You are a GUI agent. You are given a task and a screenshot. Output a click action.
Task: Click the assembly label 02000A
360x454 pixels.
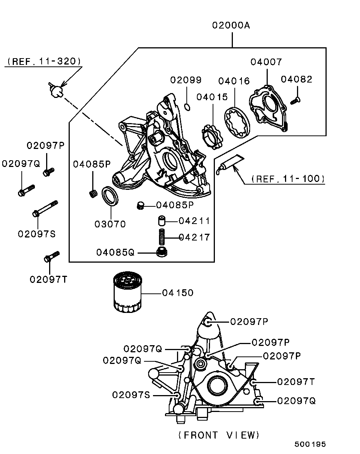pos(231,26)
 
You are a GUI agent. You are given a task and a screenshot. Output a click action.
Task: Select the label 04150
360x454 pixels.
pos(178,293)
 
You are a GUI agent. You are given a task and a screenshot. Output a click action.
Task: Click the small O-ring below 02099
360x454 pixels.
pos(188,107)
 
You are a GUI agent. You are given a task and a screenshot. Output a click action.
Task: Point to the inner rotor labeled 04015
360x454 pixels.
pos(211,137)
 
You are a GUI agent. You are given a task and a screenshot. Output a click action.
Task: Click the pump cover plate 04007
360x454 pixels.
pos(269,108)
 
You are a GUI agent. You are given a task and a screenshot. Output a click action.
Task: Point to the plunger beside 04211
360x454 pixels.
pos(161,221)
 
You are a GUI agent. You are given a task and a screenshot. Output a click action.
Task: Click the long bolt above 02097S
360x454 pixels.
pos(45,209)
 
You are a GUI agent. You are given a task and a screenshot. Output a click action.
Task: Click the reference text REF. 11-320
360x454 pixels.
pos(44,62)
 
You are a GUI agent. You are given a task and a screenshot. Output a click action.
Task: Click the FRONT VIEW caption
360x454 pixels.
pos(219,435)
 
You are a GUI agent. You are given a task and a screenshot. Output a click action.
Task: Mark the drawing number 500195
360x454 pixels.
pos(310,444)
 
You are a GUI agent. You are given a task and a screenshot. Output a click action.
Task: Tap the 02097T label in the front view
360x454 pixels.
pos(296,382)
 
